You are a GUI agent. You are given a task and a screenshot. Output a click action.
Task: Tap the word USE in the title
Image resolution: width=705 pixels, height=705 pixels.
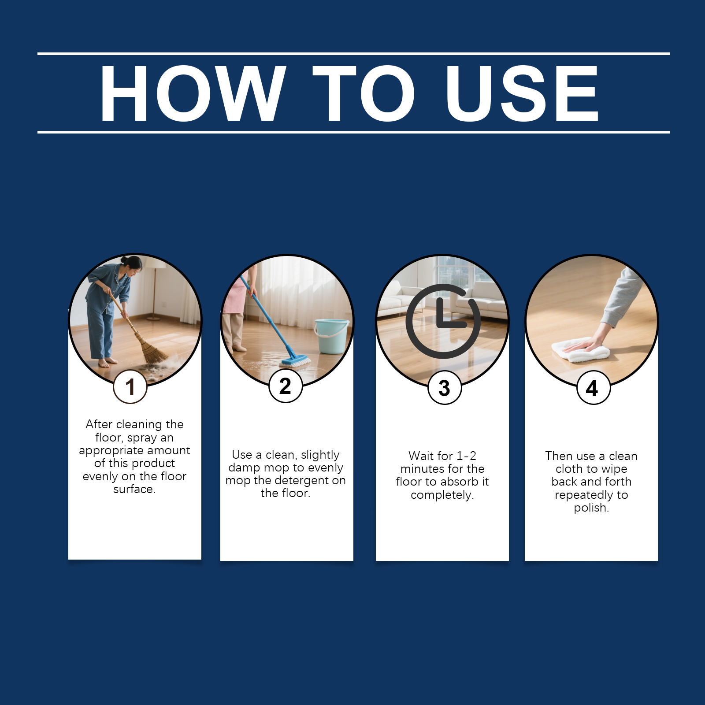[x=522, y=93]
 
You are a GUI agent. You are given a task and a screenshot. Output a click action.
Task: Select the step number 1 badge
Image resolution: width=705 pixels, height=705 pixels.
[x=130, y=387]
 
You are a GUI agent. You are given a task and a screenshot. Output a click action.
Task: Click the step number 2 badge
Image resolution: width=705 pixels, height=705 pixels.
[x=286, y=386]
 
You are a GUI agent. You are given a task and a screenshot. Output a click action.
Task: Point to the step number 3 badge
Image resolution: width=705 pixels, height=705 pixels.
[x=445, y=388]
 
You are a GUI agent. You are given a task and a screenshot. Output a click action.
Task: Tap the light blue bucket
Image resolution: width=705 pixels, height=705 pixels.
[x=331, y=336]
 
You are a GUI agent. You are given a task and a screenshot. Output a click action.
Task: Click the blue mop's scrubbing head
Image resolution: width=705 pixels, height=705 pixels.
[x=295, y=362]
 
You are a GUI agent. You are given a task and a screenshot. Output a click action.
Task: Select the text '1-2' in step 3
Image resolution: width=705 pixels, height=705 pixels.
[x=466, y=456]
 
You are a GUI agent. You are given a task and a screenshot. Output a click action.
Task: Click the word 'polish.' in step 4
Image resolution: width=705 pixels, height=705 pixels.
[x=591, y=508]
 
